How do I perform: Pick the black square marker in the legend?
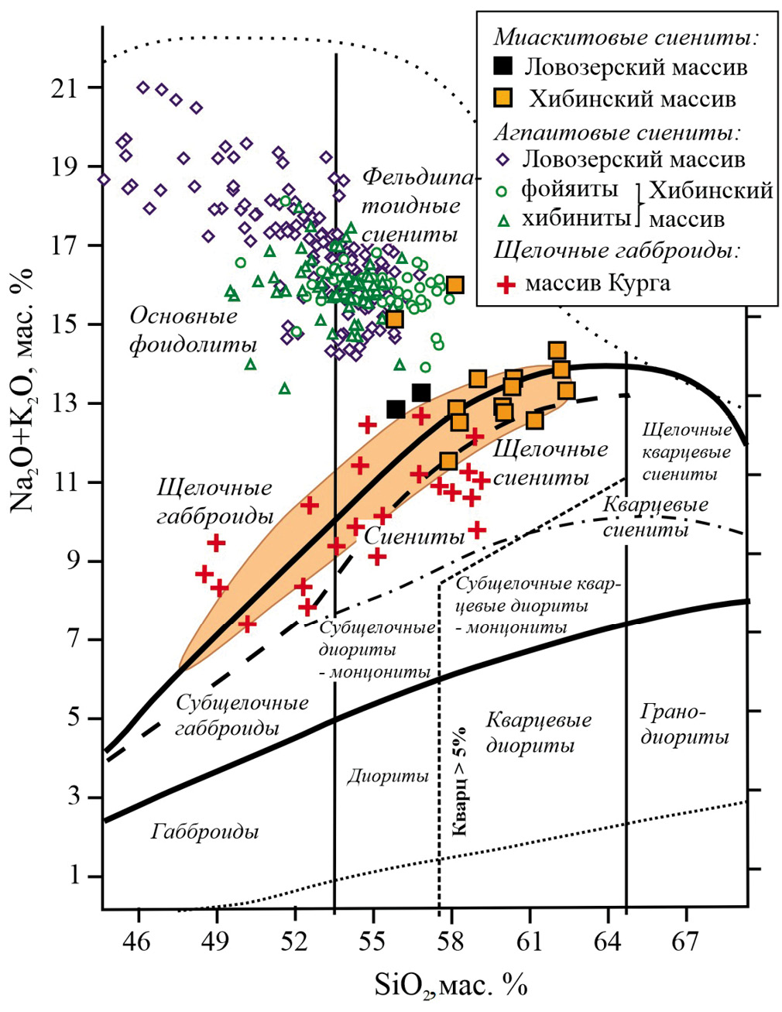[x=504, y=67]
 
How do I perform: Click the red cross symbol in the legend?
[x=506, y=283]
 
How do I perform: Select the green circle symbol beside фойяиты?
[x=504, y=190]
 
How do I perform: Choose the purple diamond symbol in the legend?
[x=504, y=160]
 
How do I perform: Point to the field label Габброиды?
[x=205, y=832]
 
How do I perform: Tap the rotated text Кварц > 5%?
[x=459, y=782]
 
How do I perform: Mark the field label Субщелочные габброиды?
[x=242, y=715]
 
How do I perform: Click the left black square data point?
[x=396, y=409]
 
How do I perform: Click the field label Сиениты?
[x=414, y=536]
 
